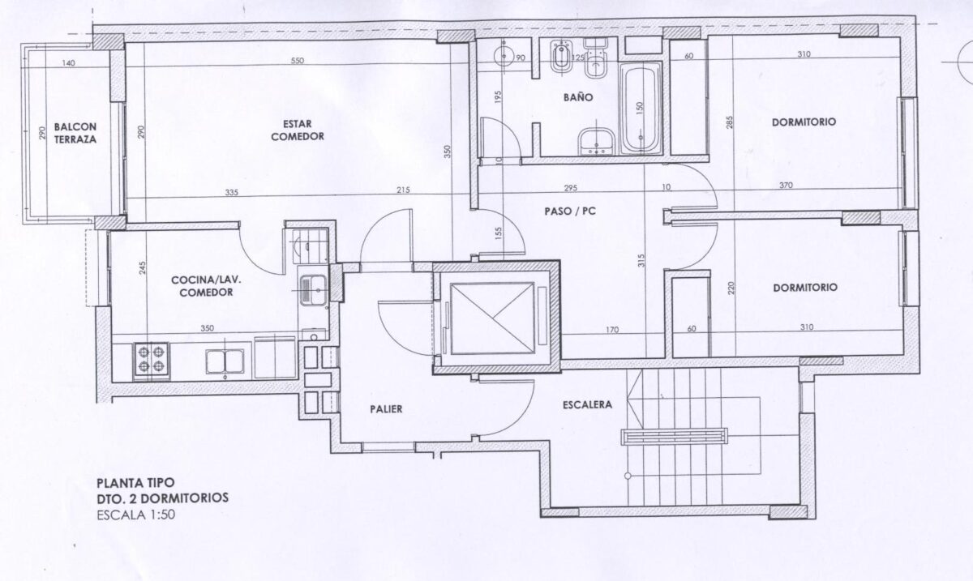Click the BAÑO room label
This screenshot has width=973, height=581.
578,97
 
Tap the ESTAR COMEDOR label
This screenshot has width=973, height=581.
298,130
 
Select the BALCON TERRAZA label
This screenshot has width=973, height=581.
75,133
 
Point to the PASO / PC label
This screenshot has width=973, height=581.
570,211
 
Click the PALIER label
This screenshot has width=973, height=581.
386,409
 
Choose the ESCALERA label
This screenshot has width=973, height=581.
587,404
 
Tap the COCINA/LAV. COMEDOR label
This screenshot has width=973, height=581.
206,286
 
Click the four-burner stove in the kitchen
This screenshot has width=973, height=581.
151,361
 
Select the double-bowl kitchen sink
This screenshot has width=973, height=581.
225,361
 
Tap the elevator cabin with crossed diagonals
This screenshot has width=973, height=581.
492,318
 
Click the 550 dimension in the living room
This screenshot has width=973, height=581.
298,61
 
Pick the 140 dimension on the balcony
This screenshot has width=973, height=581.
68,63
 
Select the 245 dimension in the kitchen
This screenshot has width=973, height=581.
144,267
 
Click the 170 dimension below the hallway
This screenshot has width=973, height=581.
612,330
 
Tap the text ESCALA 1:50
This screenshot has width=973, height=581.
136,515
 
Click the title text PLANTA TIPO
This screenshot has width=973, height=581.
135,483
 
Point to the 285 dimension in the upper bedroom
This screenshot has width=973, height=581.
729,122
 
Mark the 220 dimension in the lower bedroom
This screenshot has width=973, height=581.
731,288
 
